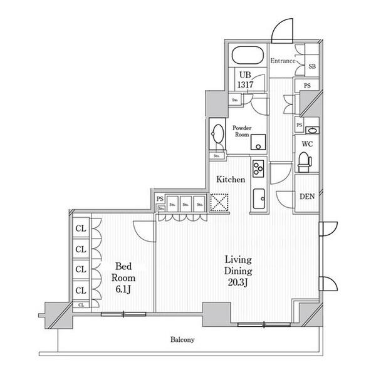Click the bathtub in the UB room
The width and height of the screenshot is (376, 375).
pyautogui.click(x=249, y=55)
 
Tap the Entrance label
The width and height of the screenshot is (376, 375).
pyautogui.click(x=283, y=60)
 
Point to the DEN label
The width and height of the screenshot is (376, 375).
pyautogui.click(x=306, y=196)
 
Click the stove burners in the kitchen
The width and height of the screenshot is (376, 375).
pyautogui.click(x=258, y=168)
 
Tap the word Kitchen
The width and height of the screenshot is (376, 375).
pyautogui.click(x=231, y=180)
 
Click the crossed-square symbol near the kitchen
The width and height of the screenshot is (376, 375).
pyautogui.click(x=220, y=202)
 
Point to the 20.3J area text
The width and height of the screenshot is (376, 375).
pyautogui.click(x=238, y=282)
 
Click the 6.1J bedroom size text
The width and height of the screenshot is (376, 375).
pyautogui.click(x=123, y=289)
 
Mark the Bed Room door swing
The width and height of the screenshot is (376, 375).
pyautogui.click(x=144, y=232)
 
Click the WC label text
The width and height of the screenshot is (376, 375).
pyautogui.click(x=306, y=143)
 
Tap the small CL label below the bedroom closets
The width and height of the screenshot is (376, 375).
pyautogui.click(x=81, y=305)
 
